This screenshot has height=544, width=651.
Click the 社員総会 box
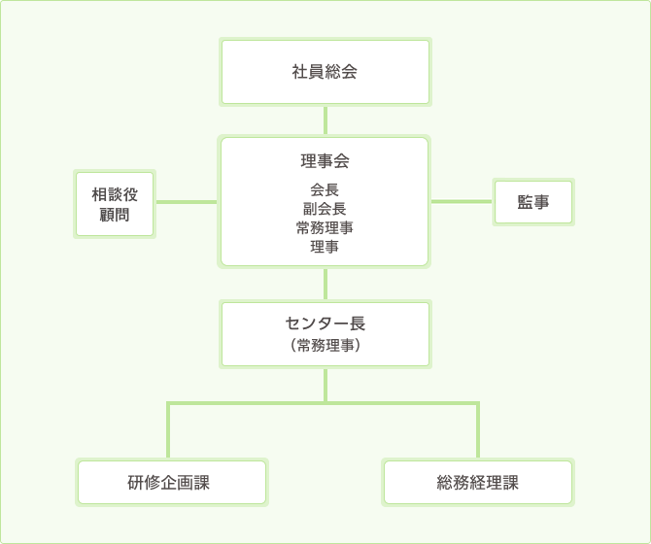point(325,72)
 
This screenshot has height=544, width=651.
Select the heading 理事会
point(325,161)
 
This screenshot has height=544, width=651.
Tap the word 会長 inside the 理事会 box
point(325,190)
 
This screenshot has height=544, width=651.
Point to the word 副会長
point(325,209)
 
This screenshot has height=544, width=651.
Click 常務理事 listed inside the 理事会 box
point(325,228)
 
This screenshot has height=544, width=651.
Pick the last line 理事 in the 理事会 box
point(325,247)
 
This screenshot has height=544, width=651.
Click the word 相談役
point(115,194)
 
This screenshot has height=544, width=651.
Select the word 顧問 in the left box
point(115,215)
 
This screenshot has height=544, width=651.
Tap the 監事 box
point(532,202)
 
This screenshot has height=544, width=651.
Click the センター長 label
point(325,323)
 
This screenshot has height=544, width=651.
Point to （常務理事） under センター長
point(325,344)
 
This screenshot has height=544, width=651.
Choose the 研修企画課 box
point(171,483)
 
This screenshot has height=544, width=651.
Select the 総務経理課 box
point(478,483)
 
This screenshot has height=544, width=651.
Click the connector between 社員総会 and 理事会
point(325,120)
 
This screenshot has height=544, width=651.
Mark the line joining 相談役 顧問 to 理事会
point(186,202)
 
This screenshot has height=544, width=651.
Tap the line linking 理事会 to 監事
point(462,202)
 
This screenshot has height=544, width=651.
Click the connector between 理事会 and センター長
point(325,284)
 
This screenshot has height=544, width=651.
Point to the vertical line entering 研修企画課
point(169,432)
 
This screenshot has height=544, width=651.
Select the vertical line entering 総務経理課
point(478,432)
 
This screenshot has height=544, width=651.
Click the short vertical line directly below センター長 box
point(325,385)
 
